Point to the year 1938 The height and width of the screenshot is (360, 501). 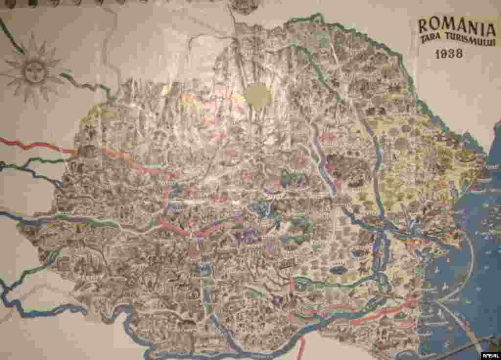449,54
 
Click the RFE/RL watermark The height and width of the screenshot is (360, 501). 490,355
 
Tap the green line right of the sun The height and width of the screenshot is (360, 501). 88,89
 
